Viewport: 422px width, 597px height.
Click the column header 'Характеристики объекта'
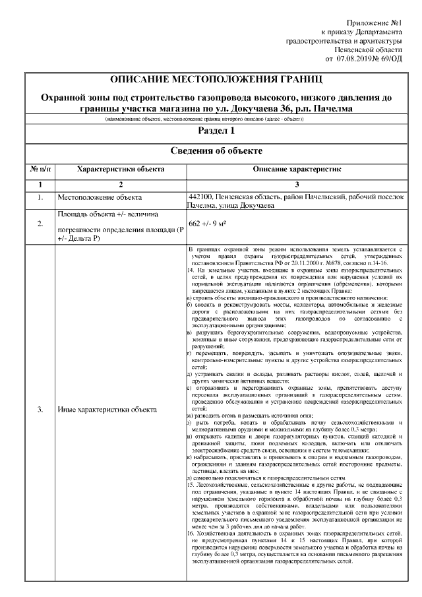[x=121, y=170]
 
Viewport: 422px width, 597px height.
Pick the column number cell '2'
[x=121, y=184]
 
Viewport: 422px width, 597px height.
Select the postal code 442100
[x=200, y=197]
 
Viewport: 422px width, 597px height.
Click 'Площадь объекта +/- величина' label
[x=107, y=214]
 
